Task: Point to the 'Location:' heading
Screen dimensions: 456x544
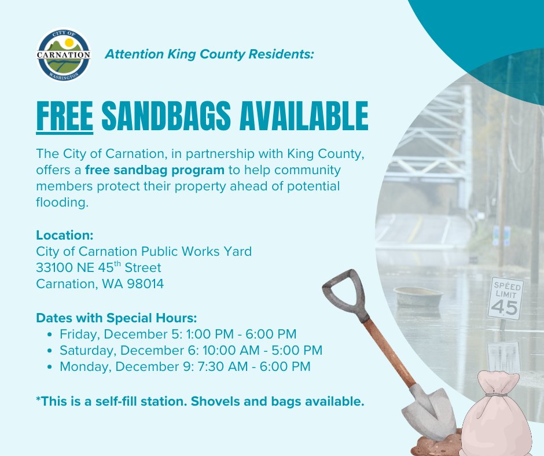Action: click(x=64, y=236)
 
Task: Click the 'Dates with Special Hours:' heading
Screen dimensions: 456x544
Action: click(x=116, y=318)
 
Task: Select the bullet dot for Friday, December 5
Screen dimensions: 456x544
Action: click(x=52, y=334)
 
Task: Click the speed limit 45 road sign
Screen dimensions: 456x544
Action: click(x=505, y=298)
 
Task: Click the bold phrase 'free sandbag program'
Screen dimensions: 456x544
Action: click(x=155, y=171)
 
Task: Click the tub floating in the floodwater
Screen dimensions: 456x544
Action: click(x=418, y=296)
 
